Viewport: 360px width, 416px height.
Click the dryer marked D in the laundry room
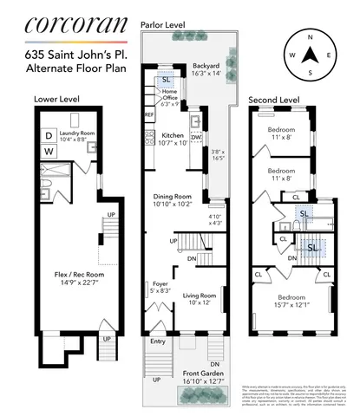pyautogui.click(x=49, y=135)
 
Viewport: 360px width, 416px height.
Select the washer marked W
pyautogui.click(x=49, y=153)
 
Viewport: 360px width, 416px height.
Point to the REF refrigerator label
pyautogui.click(x=148, y=114)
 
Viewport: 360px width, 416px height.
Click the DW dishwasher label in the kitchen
pyautogui.click(x=198, y=137)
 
